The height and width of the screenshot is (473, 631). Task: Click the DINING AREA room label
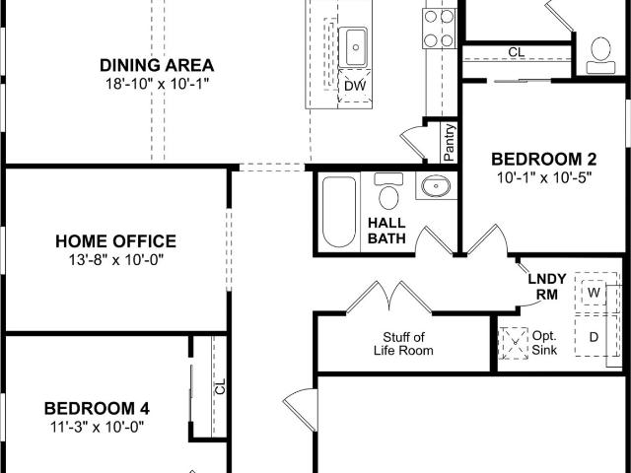pos(157,65)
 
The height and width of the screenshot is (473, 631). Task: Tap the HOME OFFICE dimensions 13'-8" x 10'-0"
pos(116,260)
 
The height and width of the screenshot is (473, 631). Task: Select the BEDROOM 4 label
pos(97,408)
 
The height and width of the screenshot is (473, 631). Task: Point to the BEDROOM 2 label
pos(543,160)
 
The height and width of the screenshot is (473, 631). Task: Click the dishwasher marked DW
pos(355,86)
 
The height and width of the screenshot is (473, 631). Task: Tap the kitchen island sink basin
pos(353,47)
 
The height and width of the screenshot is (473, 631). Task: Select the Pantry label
pos(450,142)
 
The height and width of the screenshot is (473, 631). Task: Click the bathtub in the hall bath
pos(339,212)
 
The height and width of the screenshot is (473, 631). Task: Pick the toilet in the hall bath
pos(388,190)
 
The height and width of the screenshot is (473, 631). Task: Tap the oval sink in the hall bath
pos(436,186)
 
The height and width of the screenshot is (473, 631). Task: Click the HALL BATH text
pos(386,231)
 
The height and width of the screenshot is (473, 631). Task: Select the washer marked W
pos(594,293)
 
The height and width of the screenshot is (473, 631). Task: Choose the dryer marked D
pos(594,336)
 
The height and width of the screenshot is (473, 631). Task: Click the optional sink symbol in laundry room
pos(513,343)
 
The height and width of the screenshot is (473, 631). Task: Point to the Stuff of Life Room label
pos(403,344)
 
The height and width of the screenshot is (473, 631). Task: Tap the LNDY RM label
pos(547,287)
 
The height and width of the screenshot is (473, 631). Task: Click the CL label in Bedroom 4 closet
pos(220,387)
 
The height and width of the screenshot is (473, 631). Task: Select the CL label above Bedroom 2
pos(517,52)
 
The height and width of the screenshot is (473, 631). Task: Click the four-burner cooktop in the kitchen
pos(439,29)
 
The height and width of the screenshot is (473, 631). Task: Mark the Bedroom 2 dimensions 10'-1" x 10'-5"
pos(544,177)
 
